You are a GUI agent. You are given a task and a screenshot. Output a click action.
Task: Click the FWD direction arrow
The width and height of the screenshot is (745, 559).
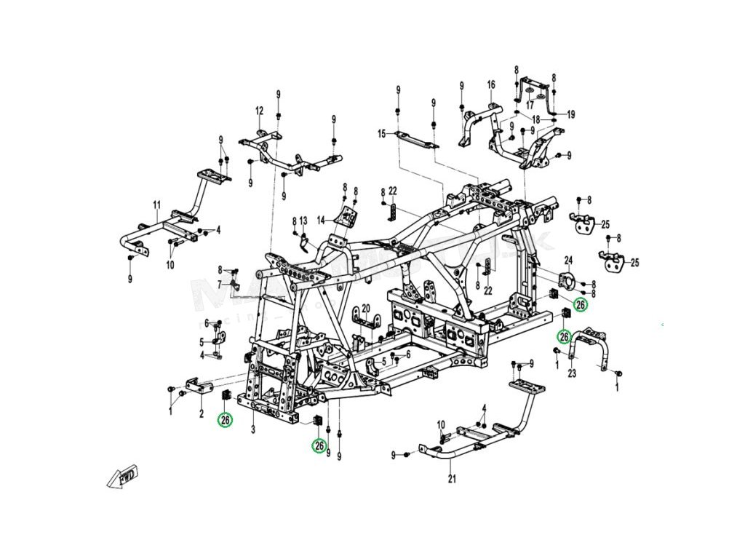point(124,477)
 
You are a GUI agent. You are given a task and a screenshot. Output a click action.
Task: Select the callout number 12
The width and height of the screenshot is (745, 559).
point(258,111)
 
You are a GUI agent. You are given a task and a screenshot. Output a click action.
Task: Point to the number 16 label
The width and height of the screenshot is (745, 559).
point(491,85)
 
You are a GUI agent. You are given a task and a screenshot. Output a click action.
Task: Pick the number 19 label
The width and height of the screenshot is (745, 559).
point(571,114)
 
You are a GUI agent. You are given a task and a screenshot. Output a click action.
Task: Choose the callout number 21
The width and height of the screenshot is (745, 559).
point(451,478)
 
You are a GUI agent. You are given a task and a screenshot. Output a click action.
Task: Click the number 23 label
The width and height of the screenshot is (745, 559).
point(572,373)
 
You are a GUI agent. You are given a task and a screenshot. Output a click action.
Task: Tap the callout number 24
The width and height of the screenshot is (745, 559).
point(569,259)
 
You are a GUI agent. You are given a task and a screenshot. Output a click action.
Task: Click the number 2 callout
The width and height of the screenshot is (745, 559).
point(201,415)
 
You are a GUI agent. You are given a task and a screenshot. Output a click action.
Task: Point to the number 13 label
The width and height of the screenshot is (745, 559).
point(304,220)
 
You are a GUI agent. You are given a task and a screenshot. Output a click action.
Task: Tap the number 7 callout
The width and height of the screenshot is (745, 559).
point(219,283)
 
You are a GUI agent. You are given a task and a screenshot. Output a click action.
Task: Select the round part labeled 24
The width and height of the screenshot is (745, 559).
point(565,279)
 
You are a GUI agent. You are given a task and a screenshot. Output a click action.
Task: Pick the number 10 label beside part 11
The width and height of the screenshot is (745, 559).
point(170,265)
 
